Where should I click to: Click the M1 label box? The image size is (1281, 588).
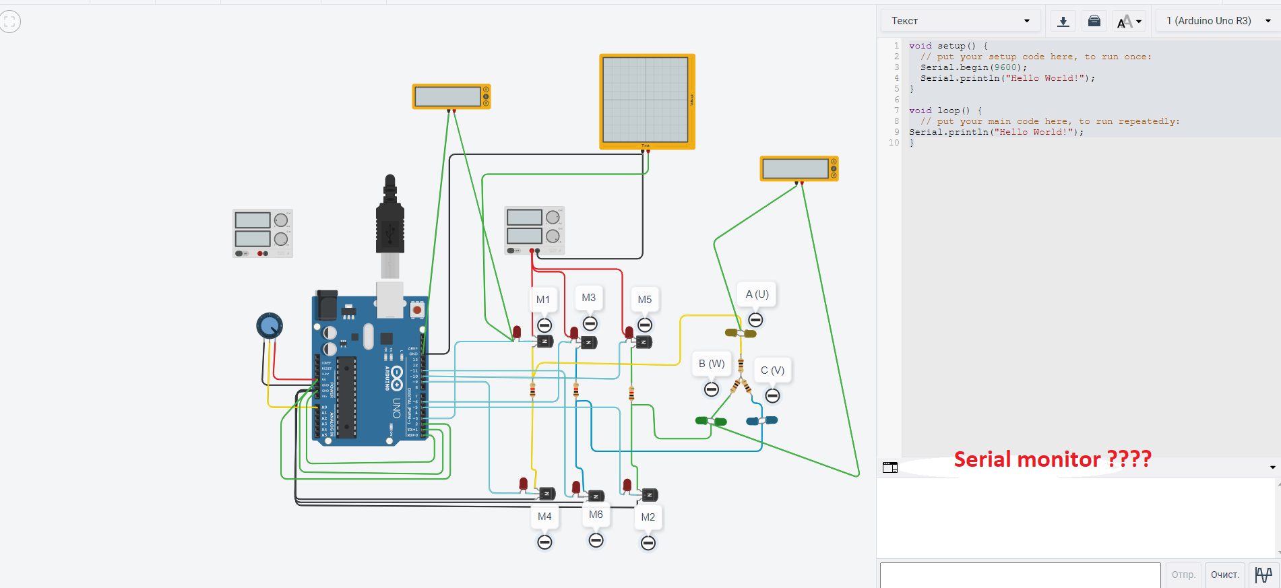543,300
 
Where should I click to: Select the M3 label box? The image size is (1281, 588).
589,298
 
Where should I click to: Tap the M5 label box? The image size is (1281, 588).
645,300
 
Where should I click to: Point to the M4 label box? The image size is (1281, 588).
544,517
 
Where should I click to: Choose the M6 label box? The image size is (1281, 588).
596,515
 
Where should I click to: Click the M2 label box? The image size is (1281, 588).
648,517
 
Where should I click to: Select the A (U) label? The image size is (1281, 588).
757,294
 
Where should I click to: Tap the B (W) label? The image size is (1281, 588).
712,364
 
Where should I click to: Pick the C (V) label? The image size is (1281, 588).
772,370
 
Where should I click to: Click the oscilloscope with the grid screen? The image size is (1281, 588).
646,100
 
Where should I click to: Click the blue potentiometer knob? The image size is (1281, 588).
270,326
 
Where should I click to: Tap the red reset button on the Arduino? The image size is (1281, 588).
417,310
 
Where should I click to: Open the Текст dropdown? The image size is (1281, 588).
960,21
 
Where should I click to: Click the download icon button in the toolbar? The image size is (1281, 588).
1063,21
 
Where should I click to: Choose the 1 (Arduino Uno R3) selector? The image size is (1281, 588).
1218,21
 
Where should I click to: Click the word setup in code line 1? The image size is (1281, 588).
951,46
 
